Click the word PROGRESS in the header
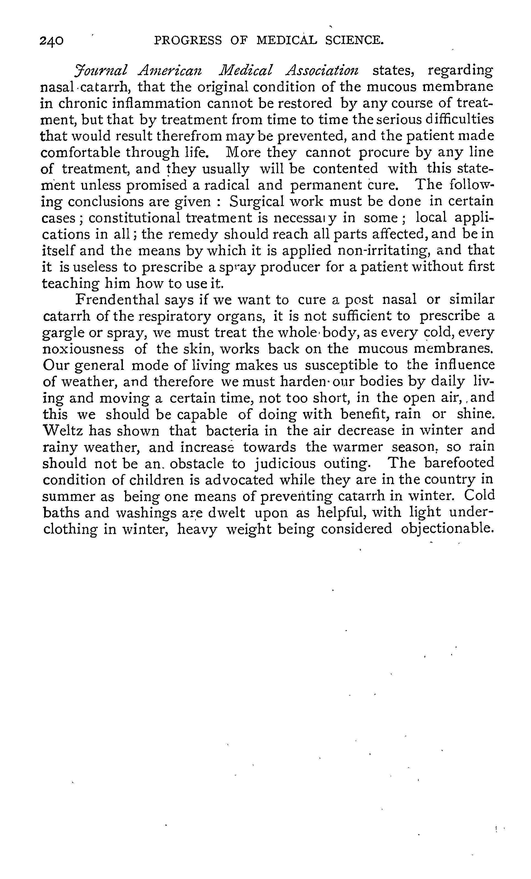tap(187, 40)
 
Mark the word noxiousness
tap(83, 349)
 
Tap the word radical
tap(226, 185)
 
